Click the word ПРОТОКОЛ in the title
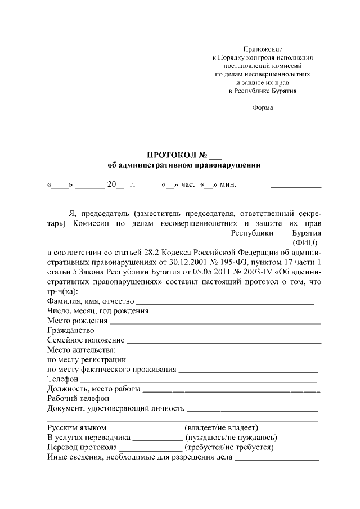[x=169, y=155]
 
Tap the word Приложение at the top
[x=263, y=49]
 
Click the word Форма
[x=263, y=107]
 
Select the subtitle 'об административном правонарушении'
[x=184, y=165]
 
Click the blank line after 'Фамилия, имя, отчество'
[x=225, y=304]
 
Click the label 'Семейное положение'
[x=86, y=340]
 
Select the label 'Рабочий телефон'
[x=77, y=398]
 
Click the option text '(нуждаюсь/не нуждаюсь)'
[x=231, y=437]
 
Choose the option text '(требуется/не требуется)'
[x=229, y=447]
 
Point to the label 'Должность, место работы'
[x=93, y=389]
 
